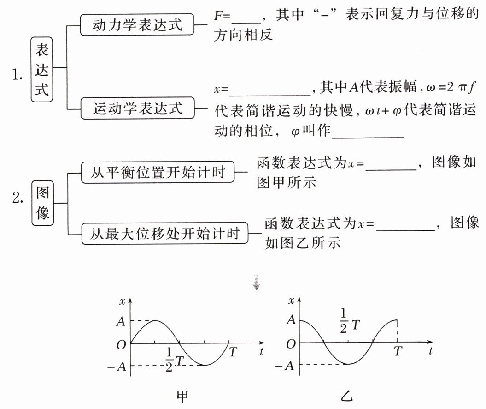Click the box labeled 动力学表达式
click(137, 25)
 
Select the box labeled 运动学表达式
click(138, 109)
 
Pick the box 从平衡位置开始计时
click(158, 173)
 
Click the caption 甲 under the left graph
click(183, 396)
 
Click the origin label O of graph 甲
click(121, 344)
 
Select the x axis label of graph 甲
click(123, 301)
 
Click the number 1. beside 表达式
click(18, 73)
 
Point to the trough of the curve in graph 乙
click(349, 364)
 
